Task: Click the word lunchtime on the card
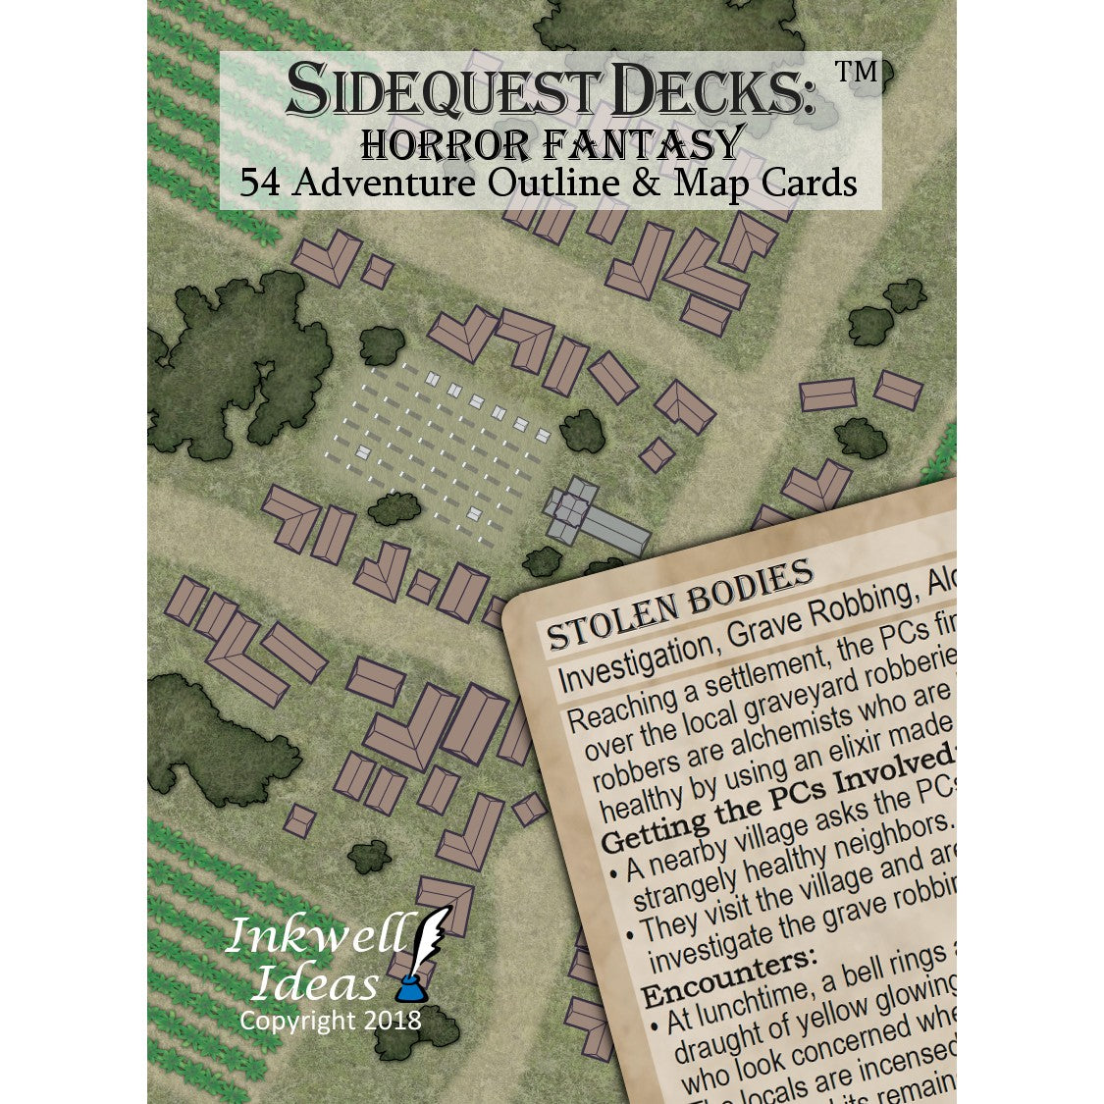(784, 991)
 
